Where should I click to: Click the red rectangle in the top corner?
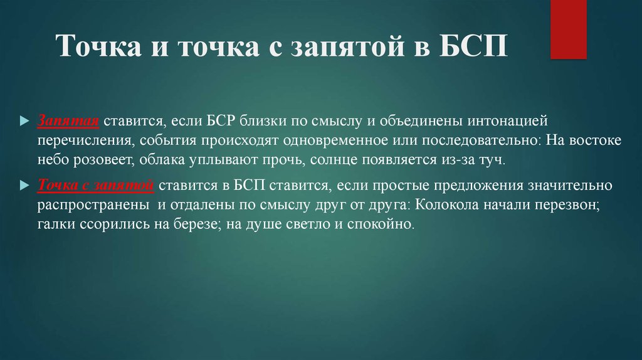pyautogui.click(x=568, y=29)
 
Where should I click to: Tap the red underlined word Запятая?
pyautogui.click(x=68, y=121)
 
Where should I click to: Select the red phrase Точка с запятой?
pyautogui.click(x=96, y=186)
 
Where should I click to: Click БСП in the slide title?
pyautogui.click(x=473, y=45)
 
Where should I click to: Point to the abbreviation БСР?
pyautogui.click(x=221, y=121)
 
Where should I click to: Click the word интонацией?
pyautogui.click(x=507, y=121)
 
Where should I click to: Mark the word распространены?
pyautogui.click(x=93, y=205)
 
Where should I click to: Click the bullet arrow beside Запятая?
pyautogui.click(x=24, y=121)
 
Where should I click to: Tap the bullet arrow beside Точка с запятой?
pyautogui.click(x=24, y=186)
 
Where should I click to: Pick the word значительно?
pyautogui.click(x=569, y=186)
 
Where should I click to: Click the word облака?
pyautogui.click(x=162, y=159)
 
